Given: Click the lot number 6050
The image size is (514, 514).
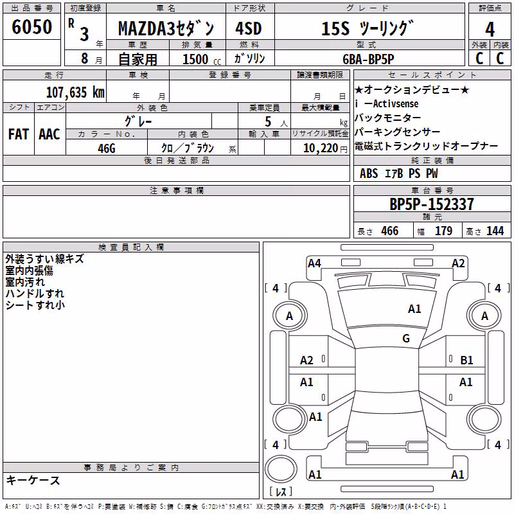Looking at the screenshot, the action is (x=31, y=27).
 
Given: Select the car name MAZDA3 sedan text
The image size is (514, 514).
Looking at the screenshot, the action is (x=166, y=29).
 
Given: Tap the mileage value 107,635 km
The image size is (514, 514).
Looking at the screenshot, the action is (x=75, y=92).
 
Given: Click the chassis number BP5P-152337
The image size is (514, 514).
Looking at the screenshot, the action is (x=432, y=204).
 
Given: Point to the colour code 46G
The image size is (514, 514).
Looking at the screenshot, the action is (x=107, y=148).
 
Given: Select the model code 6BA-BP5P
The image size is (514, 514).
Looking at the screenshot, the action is (x=368, y=59).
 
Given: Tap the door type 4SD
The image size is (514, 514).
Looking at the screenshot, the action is (x=249, y=29).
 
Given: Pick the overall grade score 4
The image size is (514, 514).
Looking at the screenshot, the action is (x=490, y=30).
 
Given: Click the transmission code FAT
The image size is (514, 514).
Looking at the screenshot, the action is (x=19, y=134).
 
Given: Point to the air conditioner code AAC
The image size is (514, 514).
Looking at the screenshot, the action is (x=49, y=134).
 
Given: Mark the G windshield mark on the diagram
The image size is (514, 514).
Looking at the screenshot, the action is (x=406, y=338).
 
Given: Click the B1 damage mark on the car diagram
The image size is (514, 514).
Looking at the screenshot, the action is (x=466, y=360).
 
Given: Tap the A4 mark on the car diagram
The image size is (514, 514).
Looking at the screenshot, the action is (x=314, y=263).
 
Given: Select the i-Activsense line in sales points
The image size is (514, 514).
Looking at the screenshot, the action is (x=387, y=104).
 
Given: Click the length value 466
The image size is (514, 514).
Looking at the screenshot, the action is (x=390, y=231).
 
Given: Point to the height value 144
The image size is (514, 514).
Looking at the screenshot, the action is (x=495, y=231).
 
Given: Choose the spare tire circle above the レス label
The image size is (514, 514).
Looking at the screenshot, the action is (x=281, y=468).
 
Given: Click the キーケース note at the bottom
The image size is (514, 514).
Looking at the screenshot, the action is (x=33, y=481).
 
